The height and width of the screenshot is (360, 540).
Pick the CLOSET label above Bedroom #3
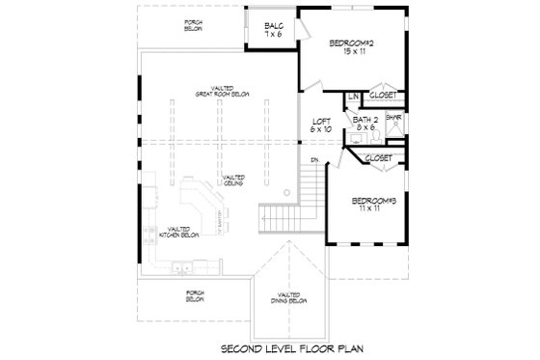(x=378, y=156)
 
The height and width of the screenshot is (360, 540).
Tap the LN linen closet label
(x=353, y=97)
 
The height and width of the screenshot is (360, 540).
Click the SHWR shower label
(x=393, y=117)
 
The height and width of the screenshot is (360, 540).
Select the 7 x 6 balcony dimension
(x=273, y=36)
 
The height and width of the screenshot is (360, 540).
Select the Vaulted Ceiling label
(x=232, y=180)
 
